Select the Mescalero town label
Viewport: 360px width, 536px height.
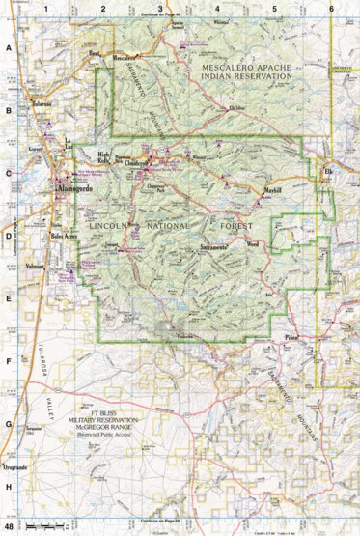pos(125,58)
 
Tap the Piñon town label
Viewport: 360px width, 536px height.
pos(292,338)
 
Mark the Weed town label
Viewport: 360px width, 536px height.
pos(253,245)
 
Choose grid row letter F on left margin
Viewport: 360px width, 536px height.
pos(9,361)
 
